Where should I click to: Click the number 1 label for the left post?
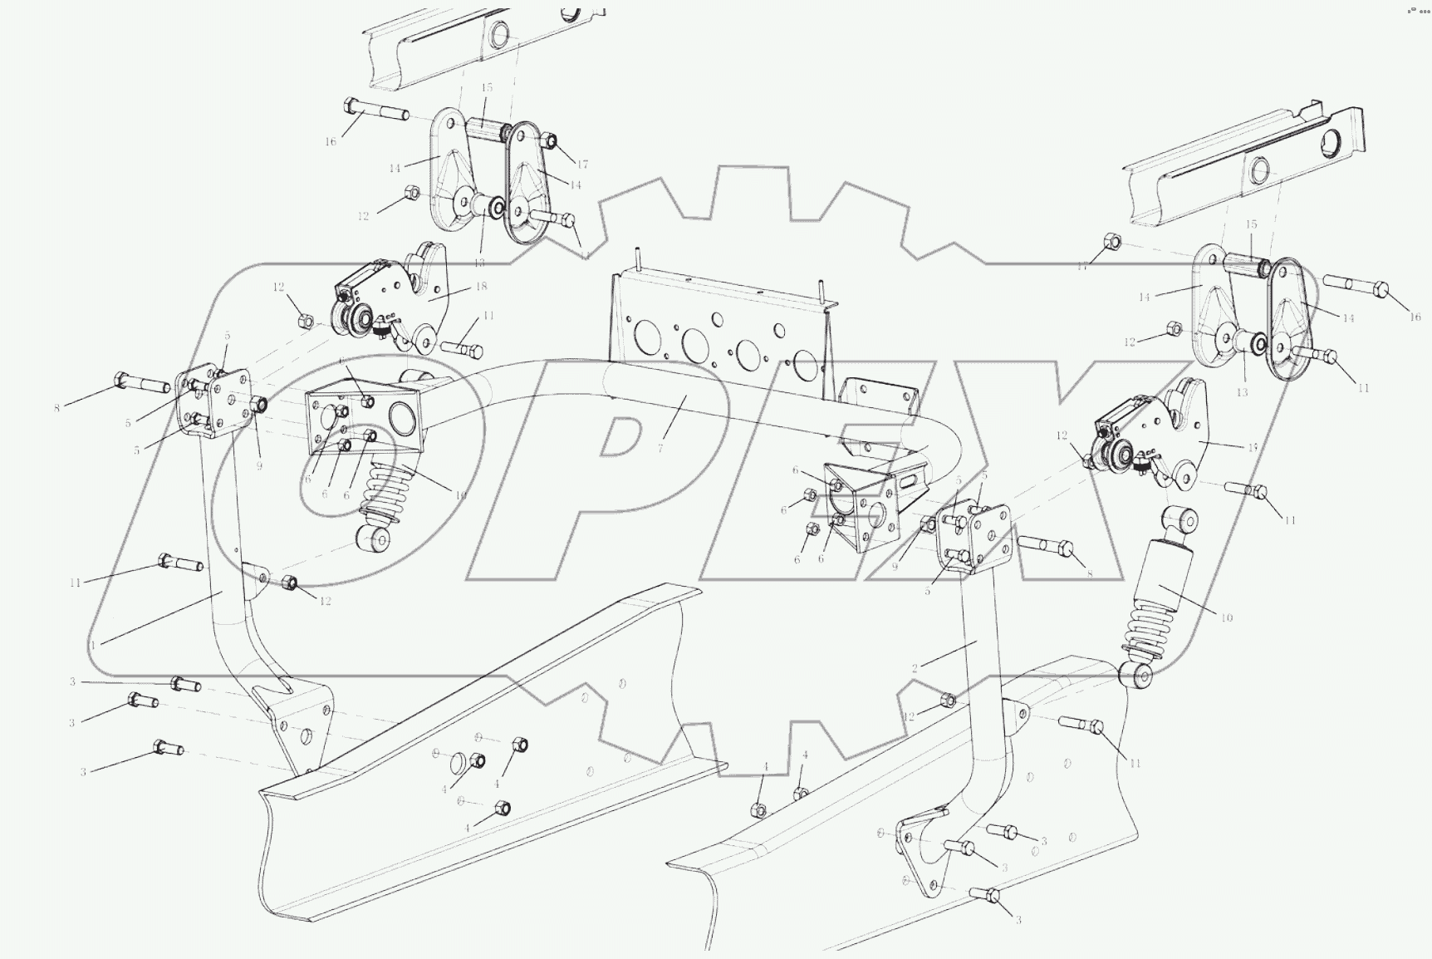(94, 644)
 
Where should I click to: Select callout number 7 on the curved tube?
(660, 449)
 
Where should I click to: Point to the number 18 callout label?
(481, 286)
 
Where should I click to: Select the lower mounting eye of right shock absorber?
(1135, 675)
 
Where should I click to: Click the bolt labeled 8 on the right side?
(1047, 545)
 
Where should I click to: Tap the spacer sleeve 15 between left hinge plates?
(487, 130)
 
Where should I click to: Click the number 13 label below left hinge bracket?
(479, 262)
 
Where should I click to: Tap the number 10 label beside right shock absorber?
(1227, 617)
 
